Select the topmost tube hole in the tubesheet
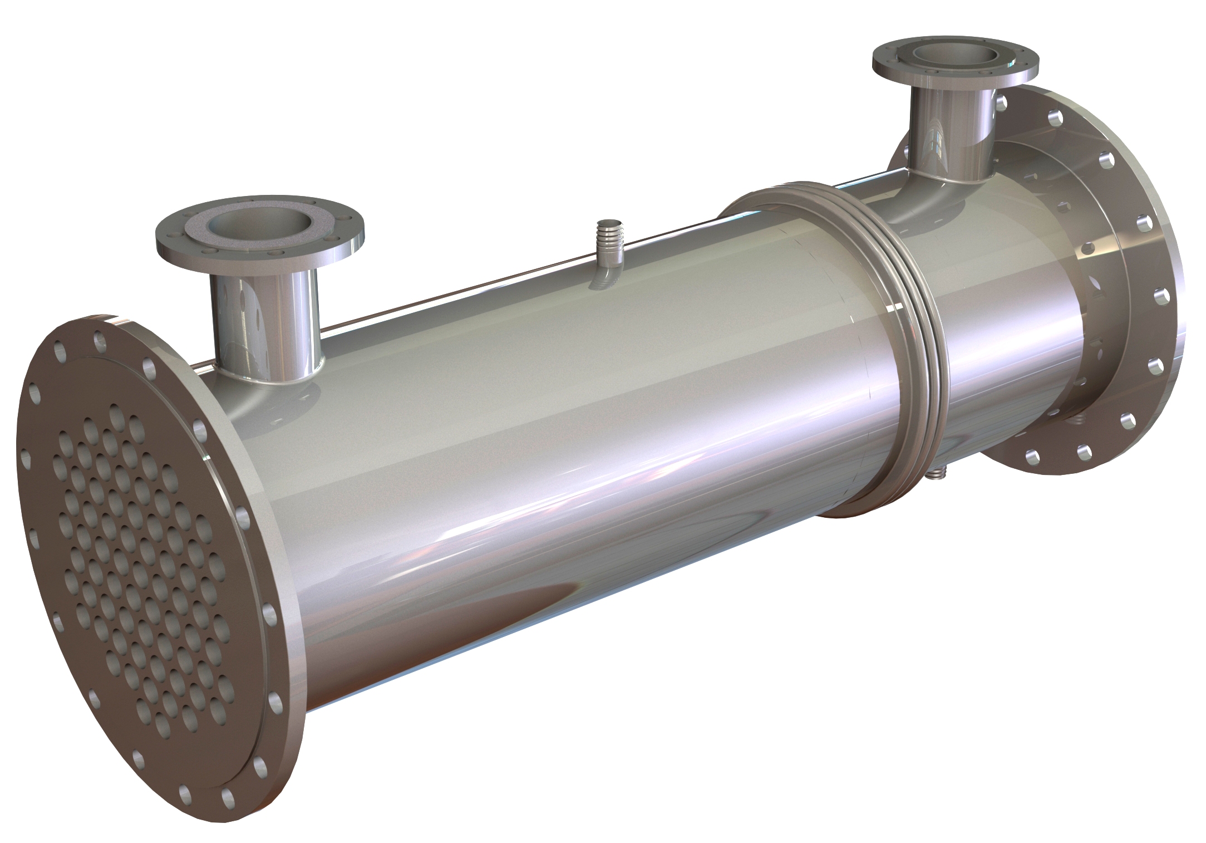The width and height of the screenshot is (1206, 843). tap(116, 414)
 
